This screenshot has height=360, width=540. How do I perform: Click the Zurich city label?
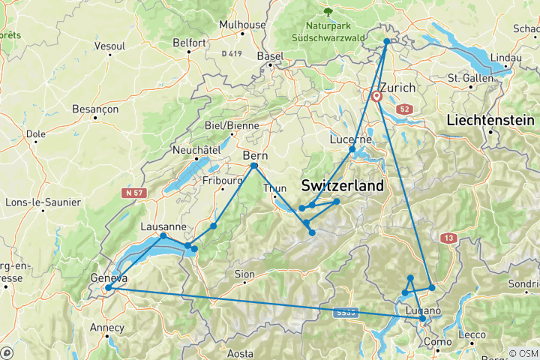tap(397, 88)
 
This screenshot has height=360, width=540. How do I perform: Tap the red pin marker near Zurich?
tap(376, 96)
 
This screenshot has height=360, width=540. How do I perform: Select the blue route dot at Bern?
tap(254, 166)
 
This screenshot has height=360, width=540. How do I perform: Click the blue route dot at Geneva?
tap(108, 287)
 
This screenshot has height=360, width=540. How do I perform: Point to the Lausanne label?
tap(163, 226)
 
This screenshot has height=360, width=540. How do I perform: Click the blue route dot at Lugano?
tap(423, 319)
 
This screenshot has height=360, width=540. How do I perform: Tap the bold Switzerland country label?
tap(342, 185)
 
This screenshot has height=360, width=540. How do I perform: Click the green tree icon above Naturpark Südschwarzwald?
tap(327, 11)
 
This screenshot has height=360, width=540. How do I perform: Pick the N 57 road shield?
tap(133, 193)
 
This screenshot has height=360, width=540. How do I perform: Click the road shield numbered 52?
tap(405, 109)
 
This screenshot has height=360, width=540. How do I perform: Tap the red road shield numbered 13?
tap(448, 238)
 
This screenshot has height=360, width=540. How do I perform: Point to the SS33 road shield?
tap(346, 312)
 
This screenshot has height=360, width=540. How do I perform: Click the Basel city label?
tap(270, 56)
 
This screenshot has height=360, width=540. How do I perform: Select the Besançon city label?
tap(91, 109)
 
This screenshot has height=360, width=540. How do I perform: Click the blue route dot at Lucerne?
tap(352, 150)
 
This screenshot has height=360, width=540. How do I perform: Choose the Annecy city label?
tap(106, 327)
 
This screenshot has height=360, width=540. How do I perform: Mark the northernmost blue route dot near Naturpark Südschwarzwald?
tap(387, 42)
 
